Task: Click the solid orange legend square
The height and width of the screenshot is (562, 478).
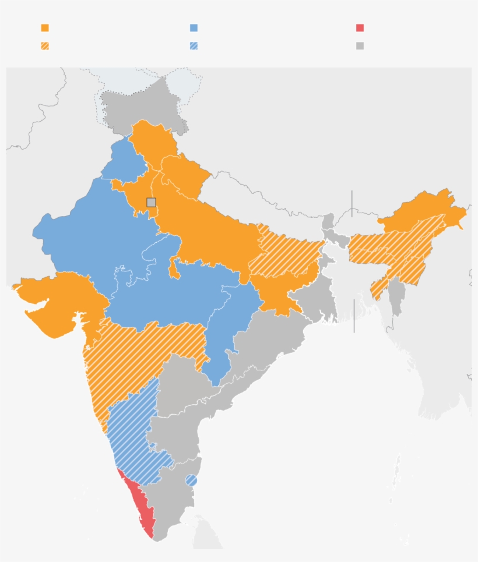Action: click(x=45, y=28)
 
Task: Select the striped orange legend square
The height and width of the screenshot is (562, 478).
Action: click(x=45, y=45)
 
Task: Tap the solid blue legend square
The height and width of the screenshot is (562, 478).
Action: click(x=194, y=28)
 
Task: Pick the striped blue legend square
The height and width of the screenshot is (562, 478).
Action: click(x=194, y=45)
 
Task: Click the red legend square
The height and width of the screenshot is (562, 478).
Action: click(x=360, y=28)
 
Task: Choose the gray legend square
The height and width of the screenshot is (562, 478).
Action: click(x=360, y=45)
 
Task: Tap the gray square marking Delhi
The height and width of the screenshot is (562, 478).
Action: click(x=151, y=202)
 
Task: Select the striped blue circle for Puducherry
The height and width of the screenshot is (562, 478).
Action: click(x=191, y=480)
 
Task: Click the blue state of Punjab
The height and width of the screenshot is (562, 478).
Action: click(x=124, y=160)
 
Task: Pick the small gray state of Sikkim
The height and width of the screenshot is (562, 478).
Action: click(x=329, y=221)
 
